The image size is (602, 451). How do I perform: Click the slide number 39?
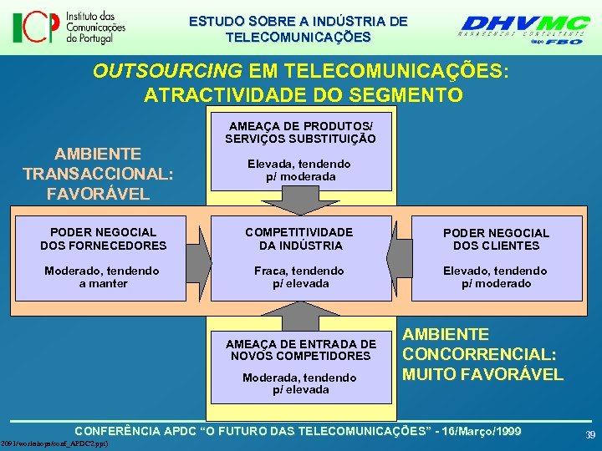[590, 435]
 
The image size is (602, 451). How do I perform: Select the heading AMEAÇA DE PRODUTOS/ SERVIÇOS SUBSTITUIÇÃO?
[300, 132]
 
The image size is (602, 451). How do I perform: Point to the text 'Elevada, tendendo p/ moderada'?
[300, 170]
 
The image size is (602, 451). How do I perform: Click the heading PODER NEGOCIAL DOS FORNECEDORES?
[104, 239]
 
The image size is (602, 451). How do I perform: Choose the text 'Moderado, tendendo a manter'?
[104, 277]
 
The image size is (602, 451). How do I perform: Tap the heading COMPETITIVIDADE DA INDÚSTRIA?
[300, 239]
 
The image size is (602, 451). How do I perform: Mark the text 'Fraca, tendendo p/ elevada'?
[300, 277]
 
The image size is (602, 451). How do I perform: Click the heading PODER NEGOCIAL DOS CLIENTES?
[496, 239]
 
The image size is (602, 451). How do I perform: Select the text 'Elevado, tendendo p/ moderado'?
[496, 277]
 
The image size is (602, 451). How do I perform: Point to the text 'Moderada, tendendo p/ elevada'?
[300, 383]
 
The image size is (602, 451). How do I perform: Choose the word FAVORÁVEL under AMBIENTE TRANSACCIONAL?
[99, 195]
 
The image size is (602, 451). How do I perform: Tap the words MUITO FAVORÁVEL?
[483, 374]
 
